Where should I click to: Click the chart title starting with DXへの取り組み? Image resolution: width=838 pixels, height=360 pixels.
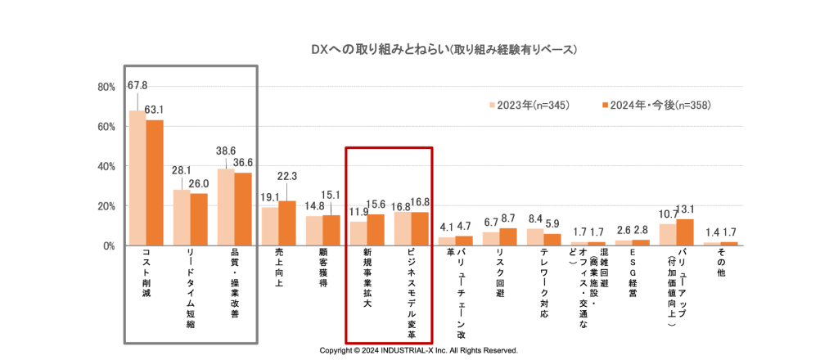(x=444, y=49)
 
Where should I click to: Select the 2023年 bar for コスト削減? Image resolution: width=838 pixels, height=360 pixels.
(x=137, y=178)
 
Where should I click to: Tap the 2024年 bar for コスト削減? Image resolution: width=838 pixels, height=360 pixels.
(x=155, y=182)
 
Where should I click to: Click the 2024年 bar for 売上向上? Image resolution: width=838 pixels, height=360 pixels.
(x=287, y=223)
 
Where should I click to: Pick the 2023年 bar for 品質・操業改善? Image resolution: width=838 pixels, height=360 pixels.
(x=225, y=207)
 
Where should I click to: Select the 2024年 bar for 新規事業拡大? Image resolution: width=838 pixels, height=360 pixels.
(x=376, y=230)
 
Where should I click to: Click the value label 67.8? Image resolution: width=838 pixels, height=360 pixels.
(x=137, y=85)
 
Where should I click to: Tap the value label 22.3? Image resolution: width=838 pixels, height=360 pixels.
(x=287, y=176)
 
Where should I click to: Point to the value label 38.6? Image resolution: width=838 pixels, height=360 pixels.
(x=225, y=151)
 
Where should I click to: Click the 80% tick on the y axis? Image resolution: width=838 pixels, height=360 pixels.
(x=106, y=87)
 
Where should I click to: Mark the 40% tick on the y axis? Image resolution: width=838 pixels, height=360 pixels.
(x=106, y=166)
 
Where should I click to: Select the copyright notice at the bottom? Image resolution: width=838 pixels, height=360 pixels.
(x=418, y=350)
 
